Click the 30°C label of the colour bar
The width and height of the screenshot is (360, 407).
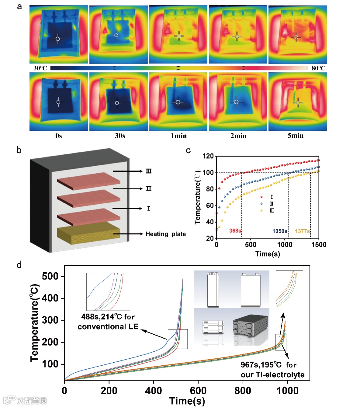40,68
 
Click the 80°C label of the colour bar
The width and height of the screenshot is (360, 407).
318,68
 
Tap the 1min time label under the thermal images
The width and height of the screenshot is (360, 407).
179,136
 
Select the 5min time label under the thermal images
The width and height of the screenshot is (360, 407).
296,136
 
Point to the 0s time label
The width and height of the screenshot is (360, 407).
59,136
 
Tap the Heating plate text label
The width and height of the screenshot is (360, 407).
165,234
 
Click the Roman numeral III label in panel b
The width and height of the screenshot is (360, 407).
149,171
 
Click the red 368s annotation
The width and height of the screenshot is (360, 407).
235,231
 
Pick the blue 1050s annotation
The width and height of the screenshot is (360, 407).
280,231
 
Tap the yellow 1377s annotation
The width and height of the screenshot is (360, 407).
302,231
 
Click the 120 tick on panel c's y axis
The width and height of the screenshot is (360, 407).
208,156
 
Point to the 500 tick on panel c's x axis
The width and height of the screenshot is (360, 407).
251,245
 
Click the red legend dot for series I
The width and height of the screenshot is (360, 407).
261,197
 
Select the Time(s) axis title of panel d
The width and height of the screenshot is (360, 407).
187,401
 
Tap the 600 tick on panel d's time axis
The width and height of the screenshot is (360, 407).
198,390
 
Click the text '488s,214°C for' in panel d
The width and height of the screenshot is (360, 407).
108,317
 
